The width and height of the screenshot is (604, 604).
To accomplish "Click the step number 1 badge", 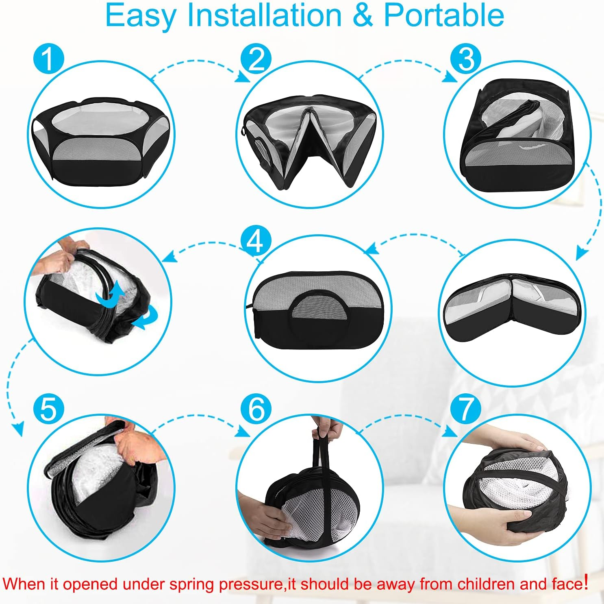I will click(x=48, y=59).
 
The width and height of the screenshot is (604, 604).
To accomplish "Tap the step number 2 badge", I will click(x=256, y=59).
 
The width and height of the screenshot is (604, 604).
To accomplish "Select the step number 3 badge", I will click(x=466, y=59).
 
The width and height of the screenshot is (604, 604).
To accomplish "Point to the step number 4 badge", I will click(x=256, y=241).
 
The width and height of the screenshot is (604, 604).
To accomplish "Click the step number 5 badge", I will click(x=48, y=408).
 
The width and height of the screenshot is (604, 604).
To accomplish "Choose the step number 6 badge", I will click(x=256, y=408).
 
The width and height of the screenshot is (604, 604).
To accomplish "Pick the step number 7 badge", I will click(x=466, y=408).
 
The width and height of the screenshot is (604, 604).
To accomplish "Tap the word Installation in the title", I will click(x=264, y=15).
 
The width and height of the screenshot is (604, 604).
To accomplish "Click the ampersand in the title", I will click(x=363, y=15).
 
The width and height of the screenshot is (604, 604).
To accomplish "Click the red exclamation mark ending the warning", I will click(x=586, y=582).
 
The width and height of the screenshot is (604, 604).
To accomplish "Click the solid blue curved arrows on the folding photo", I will click(x=122, y=305).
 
